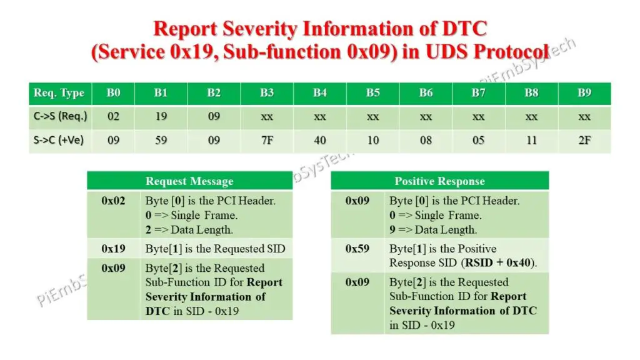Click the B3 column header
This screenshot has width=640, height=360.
267,93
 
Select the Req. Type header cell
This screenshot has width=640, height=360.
59,93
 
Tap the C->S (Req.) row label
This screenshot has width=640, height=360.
60,116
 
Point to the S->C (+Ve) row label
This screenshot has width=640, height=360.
59,140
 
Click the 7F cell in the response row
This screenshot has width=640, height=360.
267,140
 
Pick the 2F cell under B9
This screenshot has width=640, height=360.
584,140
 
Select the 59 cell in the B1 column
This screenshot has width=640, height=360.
161,140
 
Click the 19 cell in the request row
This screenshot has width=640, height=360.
161,116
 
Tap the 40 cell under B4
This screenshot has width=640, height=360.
320,140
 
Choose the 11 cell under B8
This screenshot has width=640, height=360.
532,140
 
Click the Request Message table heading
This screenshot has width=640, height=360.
189,181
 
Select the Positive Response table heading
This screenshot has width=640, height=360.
439,181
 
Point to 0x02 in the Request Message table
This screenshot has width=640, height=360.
113,201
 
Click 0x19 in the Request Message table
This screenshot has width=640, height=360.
113,249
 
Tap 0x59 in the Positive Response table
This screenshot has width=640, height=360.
357,249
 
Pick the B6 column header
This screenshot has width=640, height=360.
426,93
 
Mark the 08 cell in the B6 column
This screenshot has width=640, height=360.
426,140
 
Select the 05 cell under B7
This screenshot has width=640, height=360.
479,140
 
